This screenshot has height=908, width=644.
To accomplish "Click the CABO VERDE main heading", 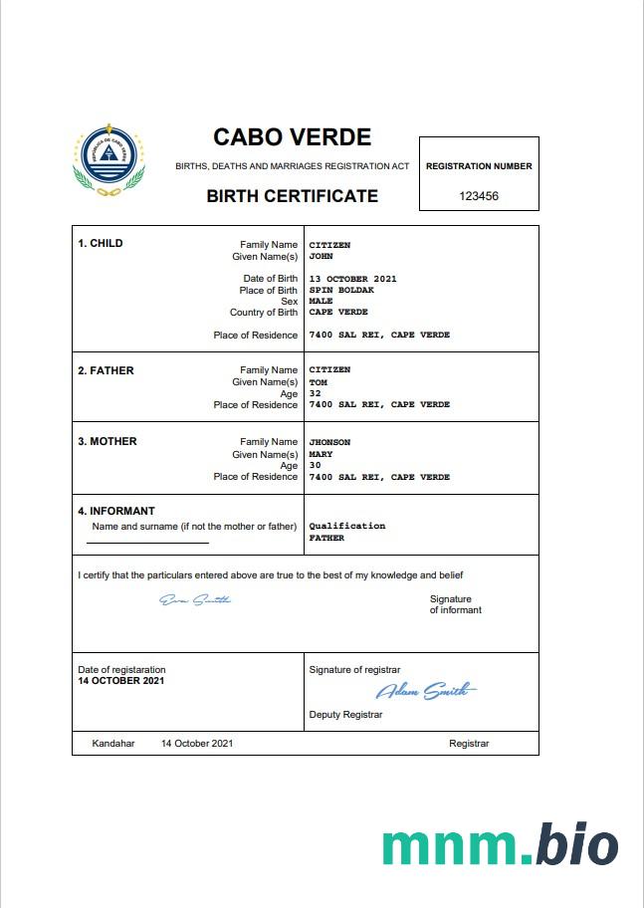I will (292, 137).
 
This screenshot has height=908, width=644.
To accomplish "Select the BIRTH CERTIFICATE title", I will (292, 196).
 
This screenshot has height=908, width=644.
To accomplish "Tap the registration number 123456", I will (479, 196).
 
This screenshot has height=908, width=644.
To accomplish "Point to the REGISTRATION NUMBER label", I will (479, 166).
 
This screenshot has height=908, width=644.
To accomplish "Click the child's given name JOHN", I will (321, 256).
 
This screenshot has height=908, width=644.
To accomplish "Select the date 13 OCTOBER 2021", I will (352, 279).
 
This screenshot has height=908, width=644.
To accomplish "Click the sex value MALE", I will (321, 301).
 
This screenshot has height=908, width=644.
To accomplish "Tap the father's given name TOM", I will (319, 382).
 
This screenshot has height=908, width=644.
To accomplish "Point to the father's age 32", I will (316, 393).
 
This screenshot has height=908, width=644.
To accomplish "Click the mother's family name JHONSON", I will (329, 442).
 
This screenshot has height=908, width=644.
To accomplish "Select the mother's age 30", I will (316, 465).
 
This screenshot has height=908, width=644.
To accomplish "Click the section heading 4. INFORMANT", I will (116, 512).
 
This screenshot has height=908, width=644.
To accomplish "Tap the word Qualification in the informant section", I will (346, 526).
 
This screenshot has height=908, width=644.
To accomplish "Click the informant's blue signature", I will (195, 599).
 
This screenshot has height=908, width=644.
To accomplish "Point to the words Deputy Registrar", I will (345, 715).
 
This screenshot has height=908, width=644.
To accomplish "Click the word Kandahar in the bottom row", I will (112, 744).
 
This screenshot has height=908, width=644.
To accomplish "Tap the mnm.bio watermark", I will (500, 845).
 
